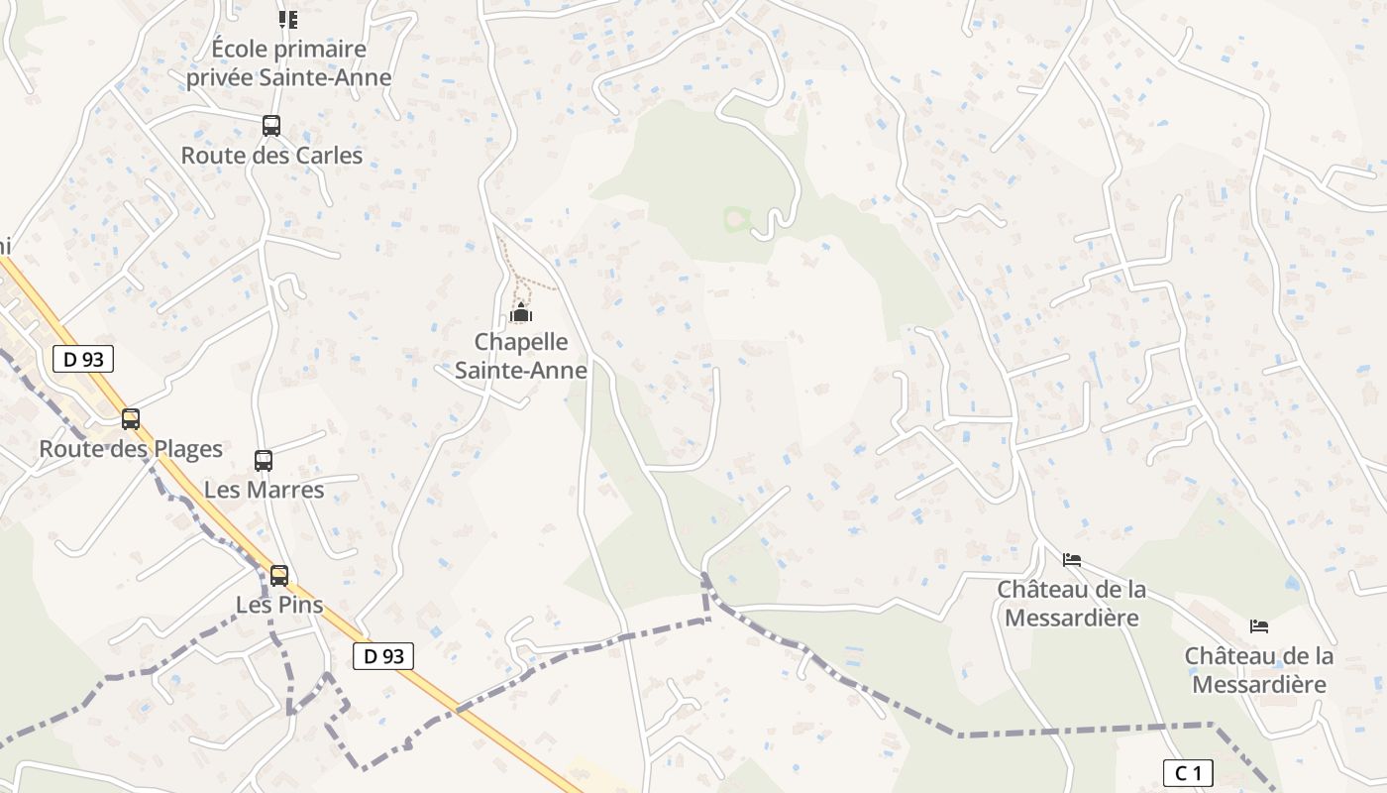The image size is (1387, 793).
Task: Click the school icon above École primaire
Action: tap(288, 19)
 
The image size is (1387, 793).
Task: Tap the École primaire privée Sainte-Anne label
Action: tap(289, 62)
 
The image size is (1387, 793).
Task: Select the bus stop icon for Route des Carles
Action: tap(270, 126)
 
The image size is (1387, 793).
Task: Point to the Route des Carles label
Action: tap(271, 156)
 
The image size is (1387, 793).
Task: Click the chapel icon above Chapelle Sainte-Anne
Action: tap(520, 313)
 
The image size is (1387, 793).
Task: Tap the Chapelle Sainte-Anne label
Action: tap(520, 356)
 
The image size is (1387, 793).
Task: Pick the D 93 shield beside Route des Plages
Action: tap(83, 359)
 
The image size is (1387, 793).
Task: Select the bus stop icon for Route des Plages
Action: tap(131, 418)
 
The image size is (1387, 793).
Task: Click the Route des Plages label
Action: tap(131, 449)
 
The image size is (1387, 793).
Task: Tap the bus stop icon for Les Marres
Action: tap(264, 460)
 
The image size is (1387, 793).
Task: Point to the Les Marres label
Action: tap(264, 490)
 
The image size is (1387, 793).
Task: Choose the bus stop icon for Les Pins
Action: tap(279, 575)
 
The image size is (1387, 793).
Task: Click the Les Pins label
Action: tap(279, 605)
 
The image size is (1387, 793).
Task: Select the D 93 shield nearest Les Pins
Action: tap(383, 655)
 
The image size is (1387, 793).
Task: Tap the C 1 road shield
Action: tap(1187, 773)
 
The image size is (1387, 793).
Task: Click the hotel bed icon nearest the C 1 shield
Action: tap(1259, 625)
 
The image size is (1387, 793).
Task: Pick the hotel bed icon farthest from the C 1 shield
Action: tap(1071, 559)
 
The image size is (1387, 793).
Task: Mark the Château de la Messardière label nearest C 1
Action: tap(1258, 670)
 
